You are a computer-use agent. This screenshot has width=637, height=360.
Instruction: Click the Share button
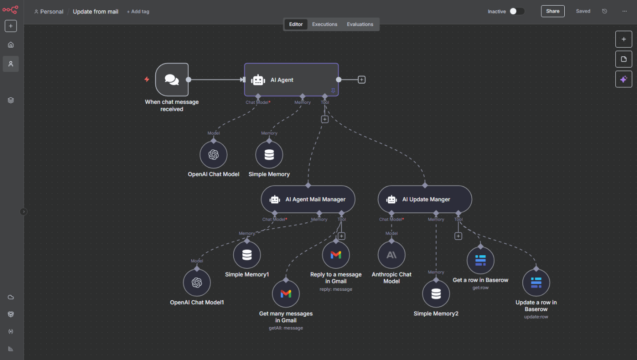click(x=553, y=11)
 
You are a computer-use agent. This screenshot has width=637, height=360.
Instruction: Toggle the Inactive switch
click(x=517, y=11)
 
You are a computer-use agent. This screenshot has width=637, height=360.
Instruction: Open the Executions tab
click(x=325, y=24)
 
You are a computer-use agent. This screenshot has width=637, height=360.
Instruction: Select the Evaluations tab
click(x=360, y=24)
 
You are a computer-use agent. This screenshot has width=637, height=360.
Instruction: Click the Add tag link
click(x=138, y=12)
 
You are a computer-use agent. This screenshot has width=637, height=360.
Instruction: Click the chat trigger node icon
click(x=172, y=80)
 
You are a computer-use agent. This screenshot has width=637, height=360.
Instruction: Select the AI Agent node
click(x=291, y=80)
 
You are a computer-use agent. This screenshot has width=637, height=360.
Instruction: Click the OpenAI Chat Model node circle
click(x=213, y=155)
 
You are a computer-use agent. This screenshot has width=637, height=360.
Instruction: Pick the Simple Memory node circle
click(x=269, y=155)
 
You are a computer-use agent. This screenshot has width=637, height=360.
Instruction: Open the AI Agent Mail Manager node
click(x=308, y=199)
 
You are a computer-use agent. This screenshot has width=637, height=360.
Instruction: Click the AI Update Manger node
click(x=425, y=199)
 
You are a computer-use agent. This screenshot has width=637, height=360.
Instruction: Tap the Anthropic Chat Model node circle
click(x=392, y=255)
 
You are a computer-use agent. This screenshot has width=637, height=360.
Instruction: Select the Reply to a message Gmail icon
click(x=336, y=255)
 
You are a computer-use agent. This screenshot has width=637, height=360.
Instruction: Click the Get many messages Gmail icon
click(x=286, y=294)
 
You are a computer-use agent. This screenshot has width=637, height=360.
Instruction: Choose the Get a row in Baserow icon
click(x=480, y=260)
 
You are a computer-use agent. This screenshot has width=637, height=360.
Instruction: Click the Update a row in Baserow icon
click(x=536, y=283)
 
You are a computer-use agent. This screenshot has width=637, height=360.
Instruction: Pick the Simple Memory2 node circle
click(x=436, y=294)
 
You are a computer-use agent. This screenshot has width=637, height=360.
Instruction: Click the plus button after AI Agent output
click(x=361, y=80)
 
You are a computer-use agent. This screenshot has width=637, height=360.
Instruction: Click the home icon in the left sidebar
click(x=11, y=45)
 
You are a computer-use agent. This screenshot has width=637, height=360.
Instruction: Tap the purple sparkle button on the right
click(x=624, y=79)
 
